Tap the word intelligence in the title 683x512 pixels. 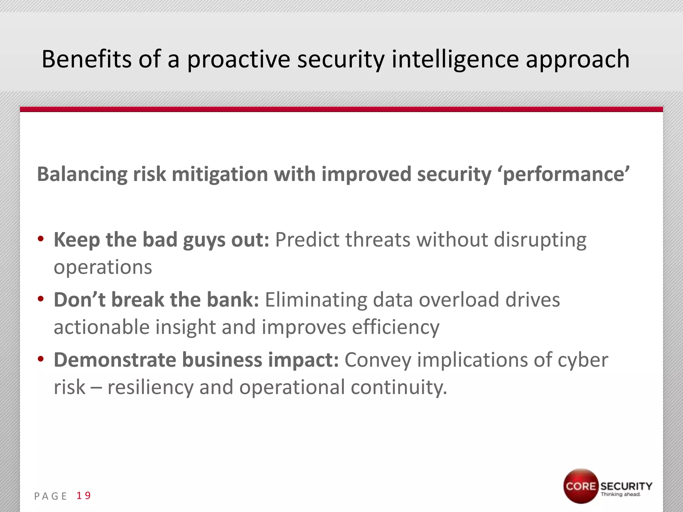tap(455, 59)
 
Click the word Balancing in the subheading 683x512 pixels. tap(82, 174)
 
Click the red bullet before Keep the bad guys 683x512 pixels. tap(41, 239)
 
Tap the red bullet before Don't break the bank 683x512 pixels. tap(41, 299)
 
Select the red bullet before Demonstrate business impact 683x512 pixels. tap(41, 359)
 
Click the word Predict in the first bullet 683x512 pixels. tap(307, 240)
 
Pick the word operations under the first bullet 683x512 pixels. tap(103, 267)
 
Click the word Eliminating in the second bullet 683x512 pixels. tap(315, 300)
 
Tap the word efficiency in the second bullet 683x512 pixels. tap(396, 327)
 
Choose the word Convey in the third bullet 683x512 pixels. tap(378, 360)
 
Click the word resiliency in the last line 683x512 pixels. tap(150, 387)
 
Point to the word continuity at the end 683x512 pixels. tap(399, 387)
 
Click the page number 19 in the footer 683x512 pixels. tap(84, 496)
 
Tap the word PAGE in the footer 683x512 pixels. tap(51, 496)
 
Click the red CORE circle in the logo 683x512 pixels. tap(581, 486)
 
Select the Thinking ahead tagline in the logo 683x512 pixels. tap(621, 494)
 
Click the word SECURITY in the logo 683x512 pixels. tap(626, 486)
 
